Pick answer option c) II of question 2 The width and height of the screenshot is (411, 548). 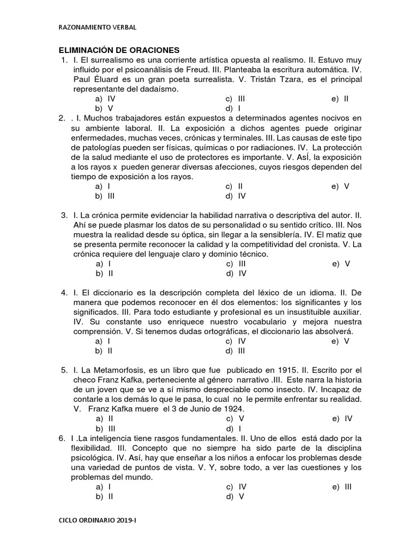pyautogui.click(x=235, y=186)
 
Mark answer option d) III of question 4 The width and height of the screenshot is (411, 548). pyautogui.click(x=235, y=351)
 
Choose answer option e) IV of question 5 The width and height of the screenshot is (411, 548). pyautogui.click(x=342, y=418)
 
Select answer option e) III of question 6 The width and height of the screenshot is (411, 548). pyautogui.click(x=342, y=486)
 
